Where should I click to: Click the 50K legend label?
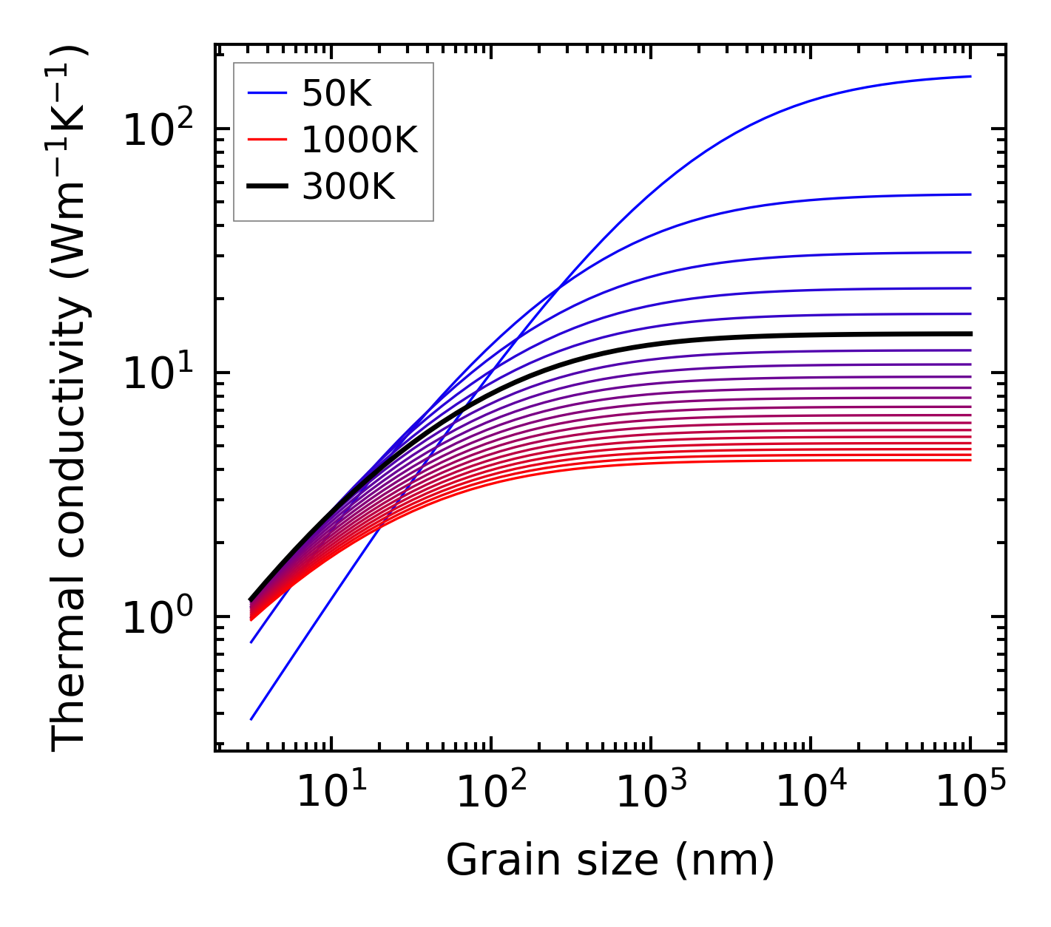click(x=337, y=93)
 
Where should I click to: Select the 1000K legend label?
click(x=359, y=140)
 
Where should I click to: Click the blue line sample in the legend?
click(x=267, y=93)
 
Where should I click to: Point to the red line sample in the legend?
click(x=267, y=140)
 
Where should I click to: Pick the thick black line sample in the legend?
click(x=267, y=187)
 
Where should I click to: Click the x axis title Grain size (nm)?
click(x=610, y=860)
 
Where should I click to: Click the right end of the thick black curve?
click(x=970, y=333)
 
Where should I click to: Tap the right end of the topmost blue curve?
click(x=970, y=76)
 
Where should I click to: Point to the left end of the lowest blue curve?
click(x=251, y=719)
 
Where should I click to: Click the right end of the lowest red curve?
click(x=970, y=461)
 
